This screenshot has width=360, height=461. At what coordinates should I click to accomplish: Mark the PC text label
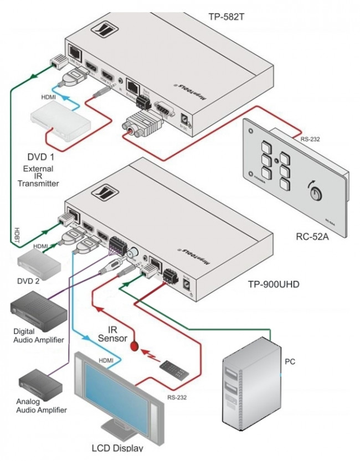click(290, 362)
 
